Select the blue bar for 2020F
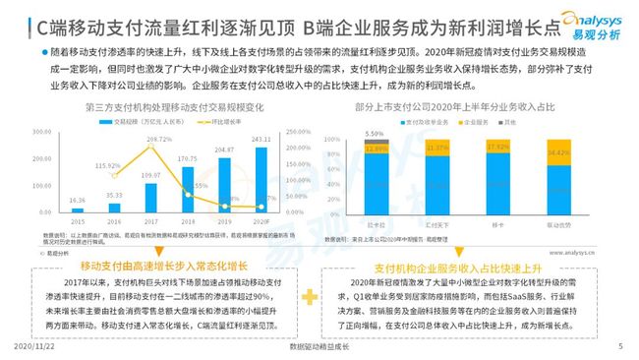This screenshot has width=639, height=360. pos(260,181)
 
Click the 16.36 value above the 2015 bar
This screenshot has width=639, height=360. pos(78,200)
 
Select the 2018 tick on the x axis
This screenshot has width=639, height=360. pos(187,223)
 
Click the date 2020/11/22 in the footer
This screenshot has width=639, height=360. pos(34,347)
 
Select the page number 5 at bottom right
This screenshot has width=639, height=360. pos(619,347)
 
